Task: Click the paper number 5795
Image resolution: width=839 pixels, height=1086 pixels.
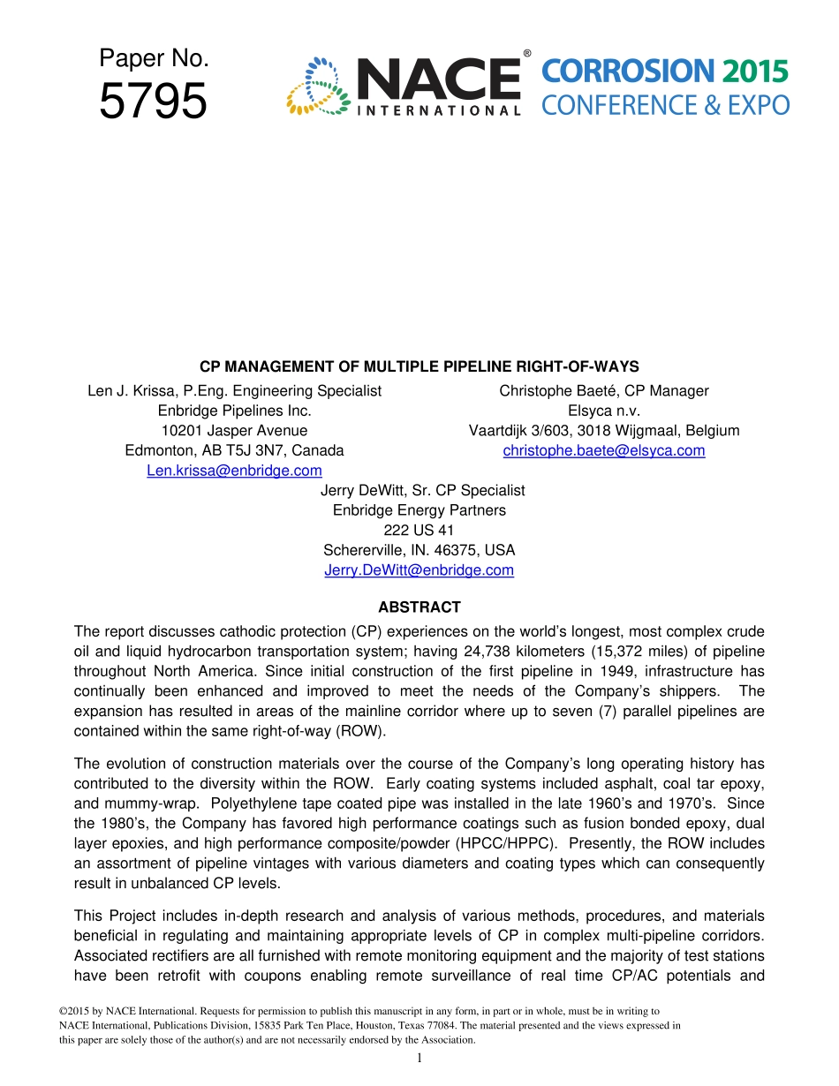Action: [154, 102]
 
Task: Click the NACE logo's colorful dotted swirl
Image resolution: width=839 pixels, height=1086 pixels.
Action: [318, 87]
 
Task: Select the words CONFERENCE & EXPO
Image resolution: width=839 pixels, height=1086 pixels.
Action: [665, 106]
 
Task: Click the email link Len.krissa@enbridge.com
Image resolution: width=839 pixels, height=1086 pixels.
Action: [234, 471]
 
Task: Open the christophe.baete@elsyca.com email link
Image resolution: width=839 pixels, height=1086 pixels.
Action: [604, 450]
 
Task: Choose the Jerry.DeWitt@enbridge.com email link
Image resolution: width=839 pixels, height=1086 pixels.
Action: [419, 570]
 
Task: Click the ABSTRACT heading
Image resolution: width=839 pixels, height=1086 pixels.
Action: [419, 607]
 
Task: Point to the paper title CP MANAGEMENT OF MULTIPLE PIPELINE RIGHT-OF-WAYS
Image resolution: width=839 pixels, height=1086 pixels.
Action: [419, 366]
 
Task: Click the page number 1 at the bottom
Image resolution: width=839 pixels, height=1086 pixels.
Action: [419, 1059]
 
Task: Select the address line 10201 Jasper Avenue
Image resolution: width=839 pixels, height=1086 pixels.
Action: [234, 431]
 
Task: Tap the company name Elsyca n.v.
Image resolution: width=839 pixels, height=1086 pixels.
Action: [604, 411]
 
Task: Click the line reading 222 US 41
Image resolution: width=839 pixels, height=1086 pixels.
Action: [419, 531]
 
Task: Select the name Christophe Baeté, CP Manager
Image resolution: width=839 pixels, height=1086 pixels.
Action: [604, 391]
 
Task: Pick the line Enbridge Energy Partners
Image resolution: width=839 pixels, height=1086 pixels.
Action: [419, 510]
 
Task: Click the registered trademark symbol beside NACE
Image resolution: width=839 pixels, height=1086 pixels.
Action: [527, 55]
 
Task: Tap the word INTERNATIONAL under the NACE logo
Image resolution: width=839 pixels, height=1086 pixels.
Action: [439, 111]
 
